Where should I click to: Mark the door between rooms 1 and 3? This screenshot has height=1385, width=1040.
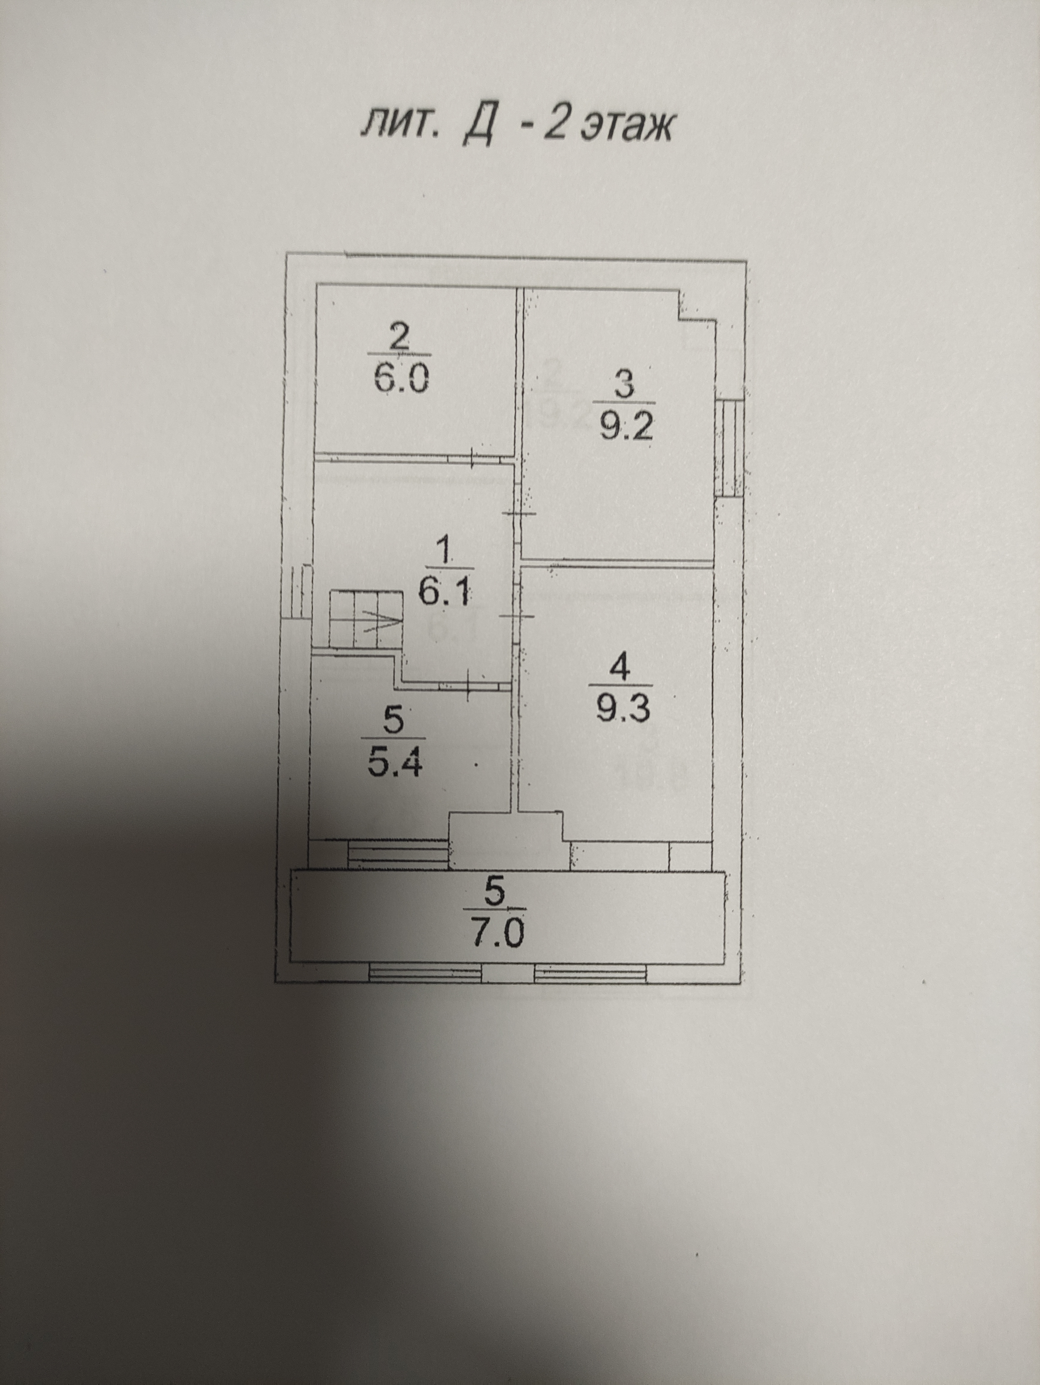(x=519, y=514)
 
